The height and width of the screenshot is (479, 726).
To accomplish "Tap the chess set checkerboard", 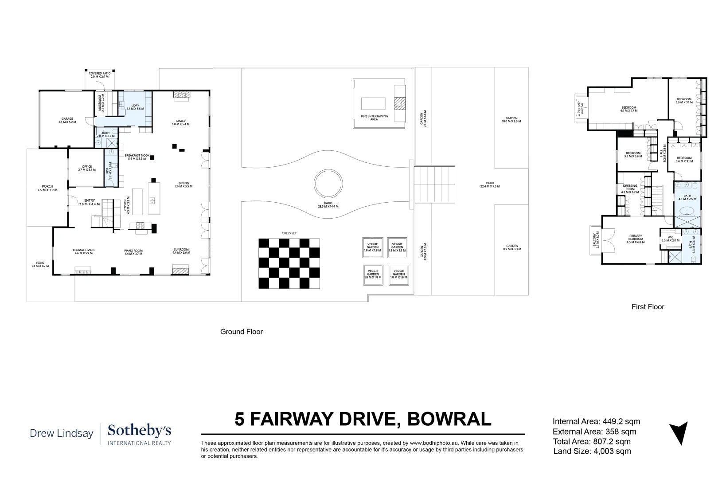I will [289, 263].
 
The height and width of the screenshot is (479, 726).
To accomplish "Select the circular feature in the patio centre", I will [328, 184].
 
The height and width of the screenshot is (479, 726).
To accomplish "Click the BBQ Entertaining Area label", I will [374, 118].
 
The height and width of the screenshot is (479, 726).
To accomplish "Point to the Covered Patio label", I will [99, 75].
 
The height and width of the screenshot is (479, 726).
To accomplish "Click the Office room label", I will [87, 168].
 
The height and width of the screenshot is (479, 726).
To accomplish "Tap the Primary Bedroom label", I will [635, 238].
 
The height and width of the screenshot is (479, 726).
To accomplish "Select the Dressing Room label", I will [630, 189].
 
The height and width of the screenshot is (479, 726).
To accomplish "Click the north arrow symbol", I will [678, 433].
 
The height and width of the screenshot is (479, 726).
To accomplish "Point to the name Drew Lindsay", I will [62, 433].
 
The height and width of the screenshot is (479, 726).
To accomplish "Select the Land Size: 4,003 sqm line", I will [592, 452].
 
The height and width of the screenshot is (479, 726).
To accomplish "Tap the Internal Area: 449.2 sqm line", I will [597, 422].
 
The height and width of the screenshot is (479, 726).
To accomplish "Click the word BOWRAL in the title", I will [449, 419].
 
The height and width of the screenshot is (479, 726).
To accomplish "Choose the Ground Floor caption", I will [242, 332].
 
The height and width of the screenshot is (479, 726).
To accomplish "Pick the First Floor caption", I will [648, 306].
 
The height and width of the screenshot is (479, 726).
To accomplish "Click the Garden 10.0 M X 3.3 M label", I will [511, 120].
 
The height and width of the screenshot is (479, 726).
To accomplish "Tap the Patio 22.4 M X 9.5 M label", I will [490, 185].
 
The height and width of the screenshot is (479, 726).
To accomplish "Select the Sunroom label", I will [181, 251].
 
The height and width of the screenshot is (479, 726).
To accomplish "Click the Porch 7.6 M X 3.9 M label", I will [47, 188].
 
